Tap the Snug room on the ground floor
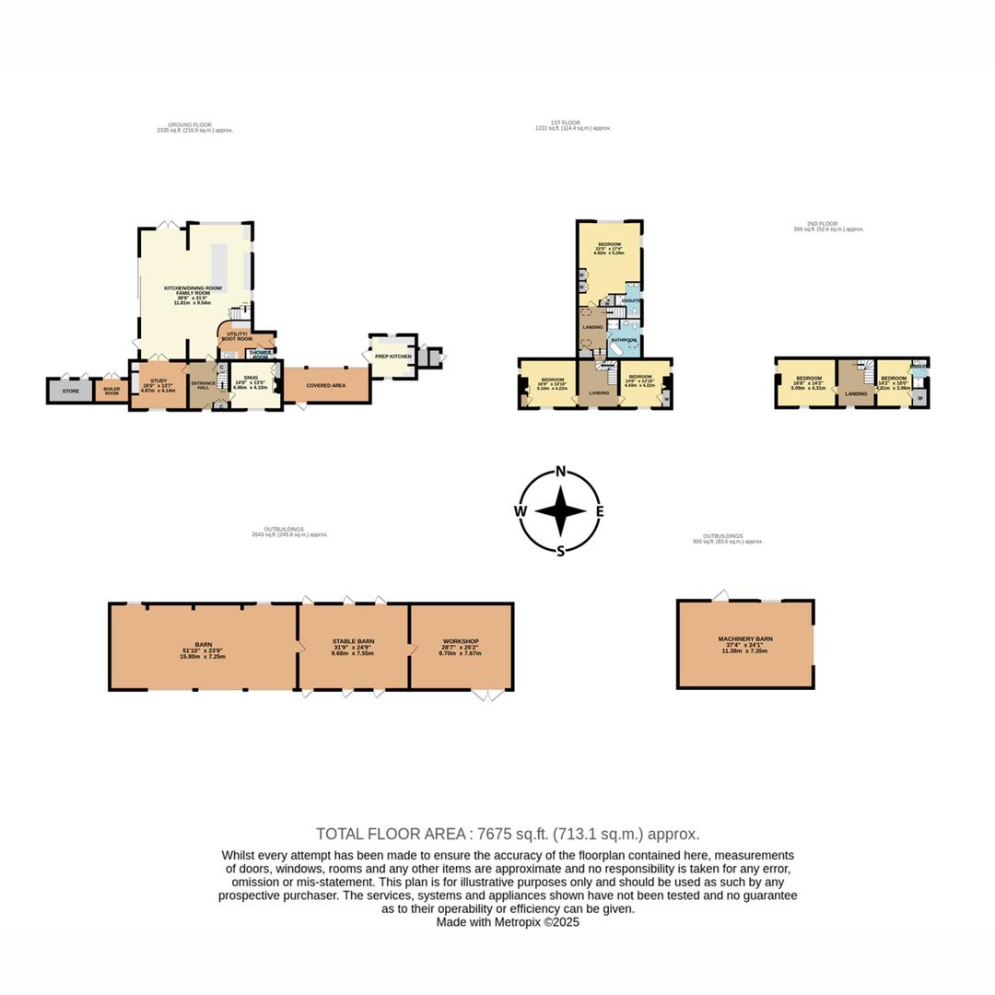pos(239,378)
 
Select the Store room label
pos(71,391)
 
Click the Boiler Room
pos(111,392)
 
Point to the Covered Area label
pos(326,385)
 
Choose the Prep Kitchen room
pos(392,356)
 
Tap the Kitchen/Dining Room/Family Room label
pos(193,290)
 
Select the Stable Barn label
pos(354,641)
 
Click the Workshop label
pos(461,641)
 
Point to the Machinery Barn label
pos(745,638)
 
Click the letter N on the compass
pos(560,473)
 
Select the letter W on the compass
pos(521,511)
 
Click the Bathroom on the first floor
pos(625,341)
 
